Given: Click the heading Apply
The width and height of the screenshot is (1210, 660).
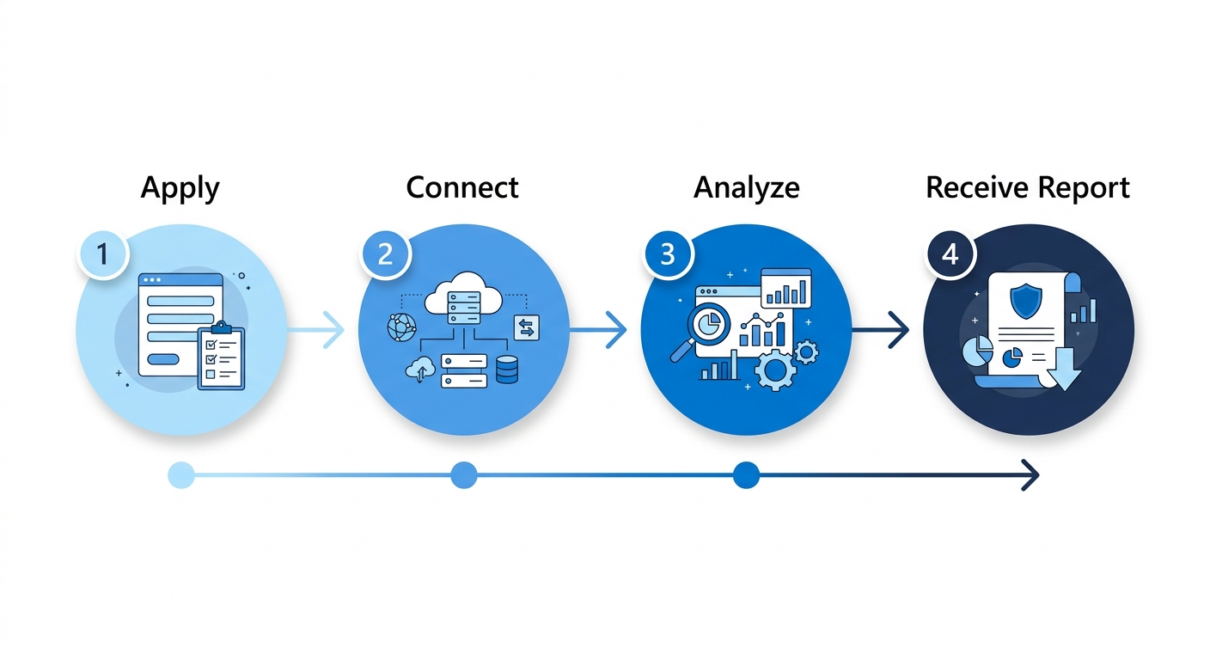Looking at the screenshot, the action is coord(180,188).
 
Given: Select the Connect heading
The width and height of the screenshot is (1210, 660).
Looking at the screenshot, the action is coord(461,187).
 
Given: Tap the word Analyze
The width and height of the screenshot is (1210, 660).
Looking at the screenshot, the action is coord(746,188).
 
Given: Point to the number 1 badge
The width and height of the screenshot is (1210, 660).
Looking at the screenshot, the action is coord(102,254).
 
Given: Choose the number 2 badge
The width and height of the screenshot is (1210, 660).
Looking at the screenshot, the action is coord(385,254).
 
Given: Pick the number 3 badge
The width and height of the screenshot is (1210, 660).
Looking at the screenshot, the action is coord(668,254).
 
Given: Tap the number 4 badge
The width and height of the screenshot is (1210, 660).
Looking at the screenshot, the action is coord(950,254).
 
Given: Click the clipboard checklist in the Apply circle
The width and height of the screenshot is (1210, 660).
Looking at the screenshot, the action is coord(222,356).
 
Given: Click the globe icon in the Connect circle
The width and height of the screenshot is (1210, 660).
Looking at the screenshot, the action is coord(402,327).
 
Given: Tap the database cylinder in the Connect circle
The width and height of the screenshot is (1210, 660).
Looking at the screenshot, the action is coord(507,370).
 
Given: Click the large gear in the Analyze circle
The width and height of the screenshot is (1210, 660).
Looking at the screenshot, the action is coord(775,370).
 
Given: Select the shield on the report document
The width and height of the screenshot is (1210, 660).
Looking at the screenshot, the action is coord(1026,301).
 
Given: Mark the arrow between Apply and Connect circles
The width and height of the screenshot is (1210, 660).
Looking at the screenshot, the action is coord(316,329).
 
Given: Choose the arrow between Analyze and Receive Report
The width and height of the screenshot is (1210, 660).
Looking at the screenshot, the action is coord(881,329).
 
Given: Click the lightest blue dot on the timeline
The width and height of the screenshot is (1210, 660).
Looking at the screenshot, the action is coord(181,475).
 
